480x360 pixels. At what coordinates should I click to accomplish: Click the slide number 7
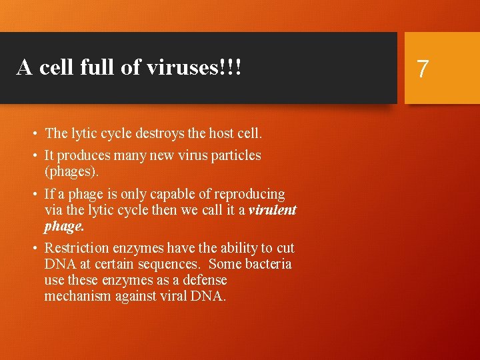click(423, 69)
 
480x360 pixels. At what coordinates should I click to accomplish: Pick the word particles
click(233, 155)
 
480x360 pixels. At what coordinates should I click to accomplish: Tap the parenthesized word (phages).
click(71, 171)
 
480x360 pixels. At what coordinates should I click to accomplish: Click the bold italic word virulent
click(272, 210)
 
